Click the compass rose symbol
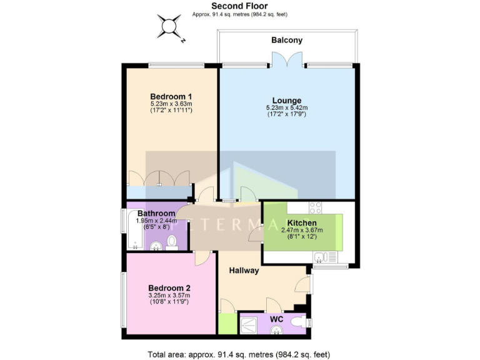pyautogui.click(x=169, y=27)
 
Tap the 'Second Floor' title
pyautogui.click(x=239, y=6)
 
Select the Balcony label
pyautogui.click(x=287, y=40)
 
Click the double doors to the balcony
pyautogui.click(x=287, y=61)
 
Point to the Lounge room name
pyautogui.click(x=287, y=100)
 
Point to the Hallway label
pyautogui.click(x=244, y=271)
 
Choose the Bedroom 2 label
pyautogui.click(x=169, y=287)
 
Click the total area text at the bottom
pyautogui.click(x=239, y=354)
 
